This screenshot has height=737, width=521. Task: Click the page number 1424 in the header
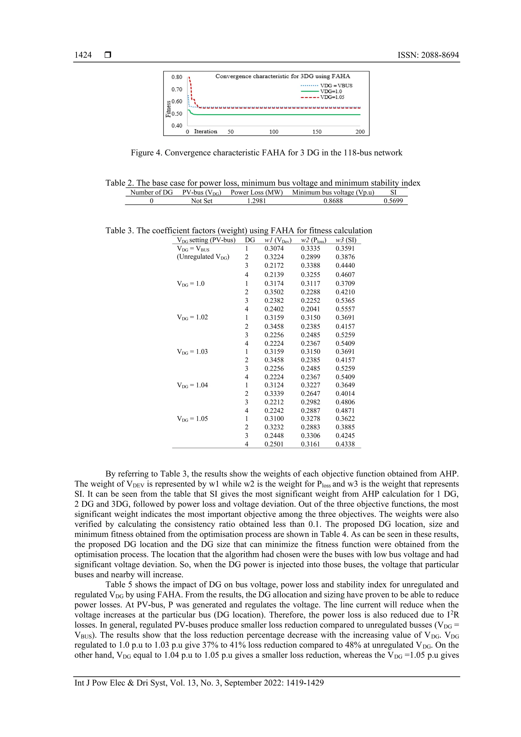click(x=83, y=55)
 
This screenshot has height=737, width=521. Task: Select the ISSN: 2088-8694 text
click(x=428, y=55)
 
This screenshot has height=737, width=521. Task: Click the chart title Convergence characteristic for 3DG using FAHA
click(x=282, y=76)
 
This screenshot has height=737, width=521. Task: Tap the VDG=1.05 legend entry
click(x=332, y=97)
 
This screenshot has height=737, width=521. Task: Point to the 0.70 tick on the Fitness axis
click(x=177, y=89)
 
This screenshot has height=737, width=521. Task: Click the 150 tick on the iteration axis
click(x=317, y=132)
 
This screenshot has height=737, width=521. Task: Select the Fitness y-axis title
click(x=168, y=109)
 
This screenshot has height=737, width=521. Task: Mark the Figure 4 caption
click(x=266, y=153)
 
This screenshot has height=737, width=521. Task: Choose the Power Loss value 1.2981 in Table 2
click(x=256, y=201)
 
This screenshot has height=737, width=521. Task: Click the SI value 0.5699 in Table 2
click(x=393, y=201)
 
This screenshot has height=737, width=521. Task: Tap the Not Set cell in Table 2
click(x=201, y=201)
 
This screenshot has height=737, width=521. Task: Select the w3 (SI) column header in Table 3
click(x=346, y=240)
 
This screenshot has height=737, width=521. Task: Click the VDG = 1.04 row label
click(x=192, y=385)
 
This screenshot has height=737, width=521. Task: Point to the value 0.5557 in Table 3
click(x=345, y=309)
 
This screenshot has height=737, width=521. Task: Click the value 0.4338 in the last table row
click(x=345, y=444)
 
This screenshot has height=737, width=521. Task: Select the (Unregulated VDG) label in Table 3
click(x=203, y=257)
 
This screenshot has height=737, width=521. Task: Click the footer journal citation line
click(x=199, y=683)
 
